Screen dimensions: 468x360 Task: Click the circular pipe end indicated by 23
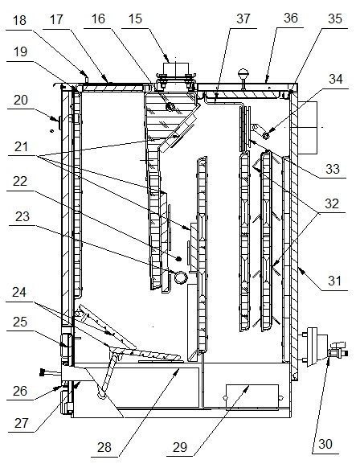coord(183,277)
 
